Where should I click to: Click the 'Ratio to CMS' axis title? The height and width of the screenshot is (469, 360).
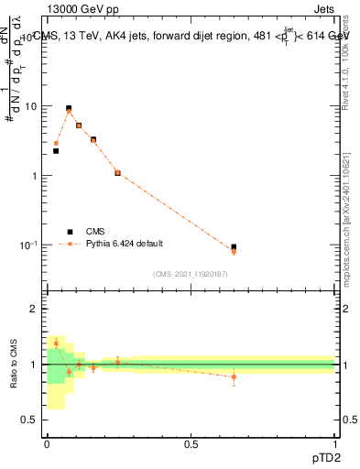[16, 365]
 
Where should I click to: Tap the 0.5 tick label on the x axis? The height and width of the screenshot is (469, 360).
[191, 444]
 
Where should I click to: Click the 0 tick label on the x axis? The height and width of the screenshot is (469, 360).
[47, 444]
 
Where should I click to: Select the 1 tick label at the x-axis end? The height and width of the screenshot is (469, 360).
[334, 444]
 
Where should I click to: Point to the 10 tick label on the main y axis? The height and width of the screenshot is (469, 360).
[30, 106]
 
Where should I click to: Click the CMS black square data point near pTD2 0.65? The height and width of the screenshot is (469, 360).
[234, 247]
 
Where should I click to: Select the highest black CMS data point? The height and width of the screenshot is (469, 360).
[69, 108]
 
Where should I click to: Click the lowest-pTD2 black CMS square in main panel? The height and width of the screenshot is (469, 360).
[56, 150]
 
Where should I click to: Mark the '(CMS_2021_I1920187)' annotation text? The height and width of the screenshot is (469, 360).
[191, 274]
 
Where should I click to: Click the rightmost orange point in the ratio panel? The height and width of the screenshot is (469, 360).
[234, 376]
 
